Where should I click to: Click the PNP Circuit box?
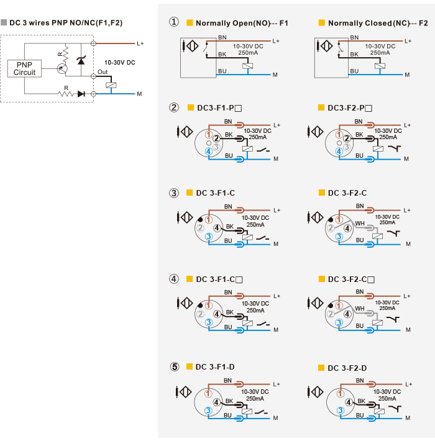(x=24, y=68)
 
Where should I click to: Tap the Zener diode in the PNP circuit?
(x=81, y=60)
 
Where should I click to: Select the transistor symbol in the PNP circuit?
(x=62, y=68)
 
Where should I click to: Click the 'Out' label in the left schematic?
(x=103, y=72)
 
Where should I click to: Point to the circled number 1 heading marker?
(x=174, y=22)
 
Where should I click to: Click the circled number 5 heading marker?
(x=175, y=366)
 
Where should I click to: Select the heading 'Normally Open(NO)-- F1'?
(x=242, y=23)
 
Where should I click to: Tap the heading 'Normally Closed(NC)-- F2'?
(x=378, y=23)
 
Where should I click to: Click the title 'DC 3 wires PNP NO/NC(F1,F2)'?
(x=66, y=23)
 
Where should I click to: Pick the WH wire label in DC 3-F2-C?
(x=360, y=224)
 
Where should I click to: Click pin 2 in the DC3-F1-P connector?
(x=216, y=139)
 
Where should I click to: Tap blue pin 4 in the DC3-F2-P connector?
(x=339, y=152)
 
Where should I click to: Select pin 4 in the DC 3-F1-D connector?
(x=216, y=402)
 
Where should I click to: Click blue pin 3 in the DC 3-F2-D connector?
(x=341, y=411)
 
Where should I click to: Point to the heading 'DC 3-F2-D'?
(x=347, y=368)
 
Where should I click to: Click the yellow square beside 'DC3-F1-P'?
(x=191, y=107)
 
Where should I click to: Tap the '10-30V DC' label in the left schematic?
(x=120, y=63)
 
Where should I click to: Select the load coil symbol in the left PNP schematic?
(x=111, y=85)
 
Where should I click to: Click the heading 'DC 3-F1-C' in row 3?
(x=215, y=193)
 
